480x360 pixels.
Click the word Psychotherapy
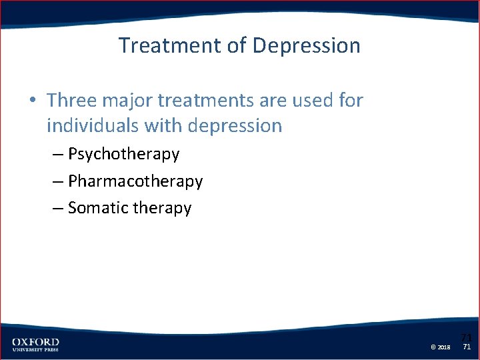123,155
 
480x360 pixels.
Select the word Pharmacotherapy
135,181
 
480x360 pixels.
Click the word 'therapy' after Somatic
162,209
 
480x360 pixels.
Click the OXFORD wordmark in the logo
35,341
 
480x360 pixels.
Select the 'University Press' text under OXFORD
35,349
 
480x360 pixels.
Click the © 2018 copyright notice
441,347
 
